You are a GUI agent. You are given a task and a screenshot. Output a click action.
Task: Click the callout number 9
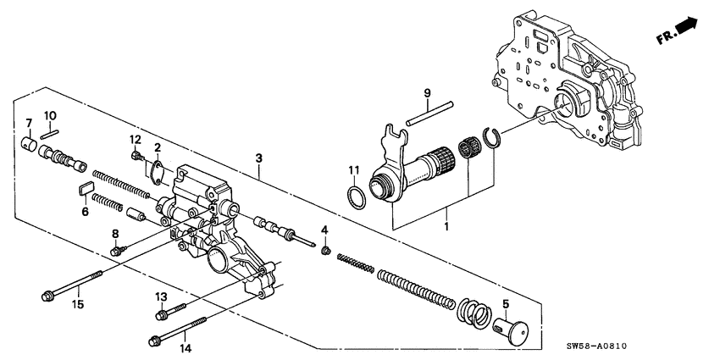tap(428, 92)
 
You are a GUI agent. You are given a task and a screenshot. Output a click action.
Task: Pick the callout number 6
tap(85, 212)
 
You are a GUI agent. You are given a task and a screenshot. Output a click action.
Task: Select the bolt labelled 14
tap(179, 331)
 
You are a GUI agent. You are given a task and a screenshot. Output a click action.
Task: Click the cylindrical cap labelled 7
tap(27, 142)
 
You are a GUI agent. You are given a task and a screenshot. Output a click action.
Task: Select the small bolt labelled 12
tap(136, 155)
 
